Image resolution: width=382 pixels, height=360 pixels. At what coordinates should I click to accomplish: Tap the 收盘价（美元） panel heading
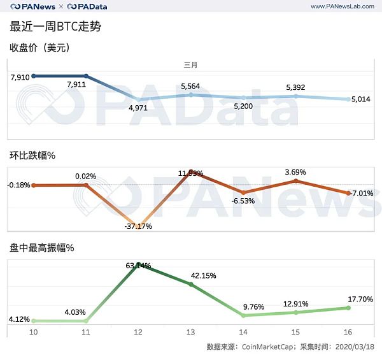39,47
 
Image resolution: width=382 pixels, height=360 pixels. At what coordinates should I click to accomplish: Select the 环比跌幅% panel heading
33,155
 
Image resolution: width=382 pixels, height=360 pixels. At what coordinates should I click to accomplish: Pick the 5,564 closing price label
191,86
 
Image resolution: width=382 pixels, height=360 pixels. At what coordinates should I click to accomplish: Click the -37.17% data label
137,226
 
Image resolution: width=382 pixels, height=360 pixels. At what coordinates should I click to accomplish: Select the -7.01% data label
361,193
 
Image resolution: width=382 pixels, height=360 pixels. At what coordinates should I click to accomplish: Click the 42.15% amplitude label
204,276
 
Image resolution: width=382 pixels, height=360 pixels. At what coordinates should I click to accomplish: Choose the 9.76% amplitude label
244,305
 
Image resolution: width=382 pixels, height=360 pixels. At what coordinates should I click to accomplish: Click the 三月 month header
190,65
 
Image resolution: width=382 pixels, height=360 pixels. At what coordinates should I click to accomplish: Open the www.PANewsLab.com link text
341,6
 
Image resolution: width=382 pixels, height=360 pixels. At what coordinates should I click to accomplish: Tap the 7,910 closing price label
20,78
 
